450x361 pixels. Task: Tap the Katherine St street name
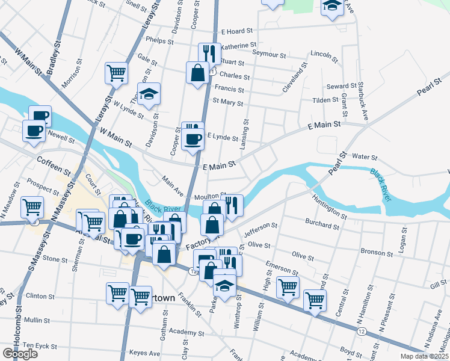(239, 45)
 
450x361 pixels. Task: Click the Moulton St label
(209, 196)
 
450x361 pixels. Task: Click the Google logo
(20, 354)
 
